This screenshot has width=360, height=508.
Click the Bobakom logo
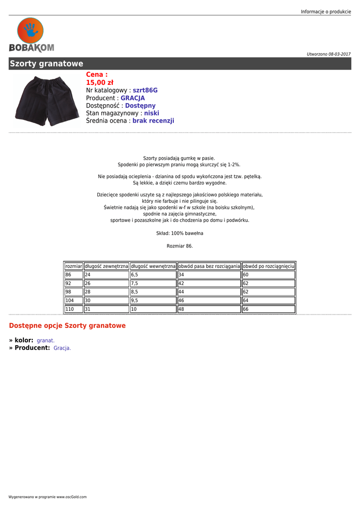pyautogui.click(x=31, y=35)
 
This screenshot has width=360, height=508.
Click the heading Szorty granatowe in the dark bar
pyautogui.click(x=47, y=64)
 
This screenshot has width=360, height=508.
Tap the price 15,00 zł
pyautogui.click(x=100, y=82)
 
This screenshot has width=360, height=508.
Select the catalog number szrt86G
pyautogui.click(x=145, y=90)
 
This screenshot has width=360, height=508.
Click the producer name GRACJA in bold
pyautogui.click(x=133, y=98)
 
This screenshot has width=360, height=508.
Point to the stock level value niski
pyautogui.click(x=151, y=113)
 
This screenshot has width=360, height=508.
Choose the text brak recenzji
pyautogui.click(x=153, y=121)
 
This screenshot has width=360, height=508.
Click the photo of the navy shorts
pyautogui.click(x=45, y=100)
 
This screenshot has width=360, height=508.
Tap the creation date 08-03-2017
pyautogui.click(x=339, y=54)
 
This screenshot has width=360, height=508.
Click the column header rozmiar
pyautogui.click(x=73, y=266)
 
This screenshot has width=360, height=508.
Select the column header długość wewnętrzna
pyautogui.click(x=153, y=266)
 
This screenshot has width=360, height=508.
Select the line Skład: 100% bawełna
pyautogui.click(x=180, y=233)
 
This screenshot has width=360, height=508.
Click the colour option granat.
pyautogui.click(x=46, y=341)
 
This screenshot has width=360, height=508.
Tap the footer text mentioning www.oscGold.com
pyautogui.click(x=47, y=497)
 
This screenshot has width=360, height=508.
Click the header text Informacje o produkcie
pyautogui.click(x=326, y=11)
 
